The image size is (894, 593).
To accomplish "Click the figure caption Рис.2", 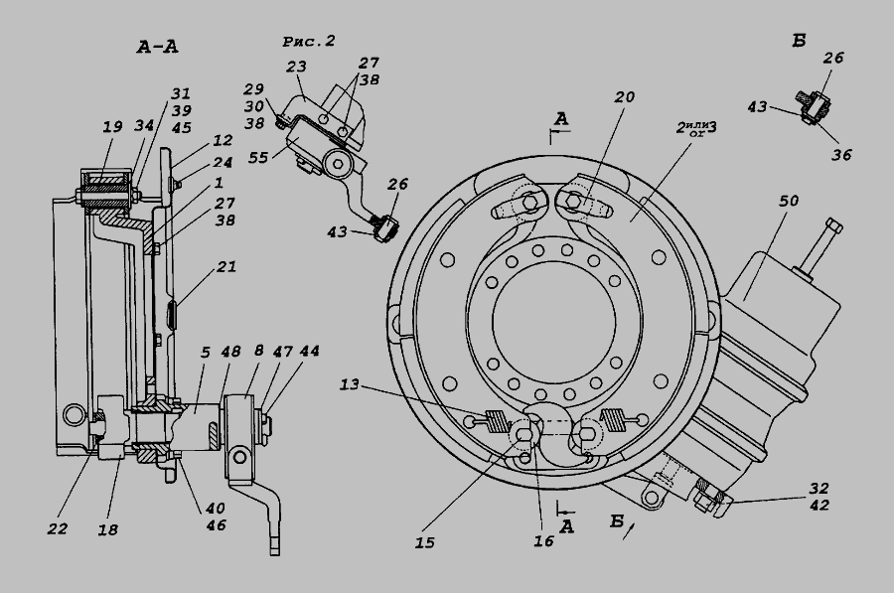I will pos(308,41).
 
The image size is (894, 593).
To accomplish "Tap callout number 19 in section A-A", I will pos(111,128).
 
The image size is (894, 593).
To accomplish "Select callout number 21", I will pos(225,266).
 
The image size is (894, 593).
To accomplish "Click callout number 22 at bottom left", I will pos(58,528).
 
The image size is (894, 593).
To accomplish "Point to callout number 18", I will pos(108,529).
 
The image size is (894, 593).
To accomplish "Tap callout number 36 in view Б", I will pos(842,154).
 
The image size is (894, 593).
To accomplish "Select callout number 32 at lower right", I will pos(817,488).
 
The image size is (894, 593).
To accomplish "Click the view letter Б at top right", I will pos(799,41).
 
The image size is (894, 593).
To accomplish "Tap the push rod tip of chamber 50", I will pos(837,229).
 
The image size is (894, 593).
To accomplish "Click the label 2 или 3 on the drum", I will pos(696,128).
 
